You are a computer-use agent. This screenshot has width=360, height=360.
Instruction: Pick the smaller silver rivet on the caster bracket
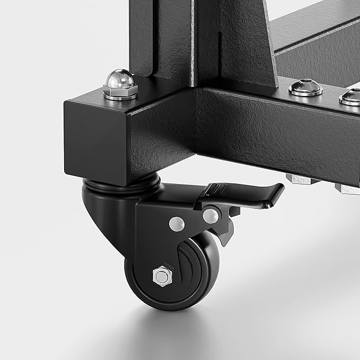173,223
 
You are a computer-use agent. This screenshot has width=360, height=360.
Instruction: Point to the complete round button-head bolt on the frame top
305,87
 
